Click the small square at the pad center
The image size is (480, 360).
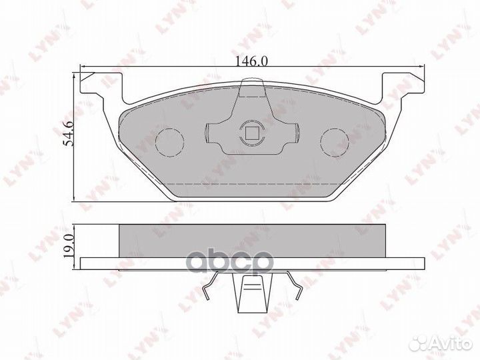coord(251,133)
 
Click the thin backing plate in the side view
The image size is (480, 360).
coord(251,261)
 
